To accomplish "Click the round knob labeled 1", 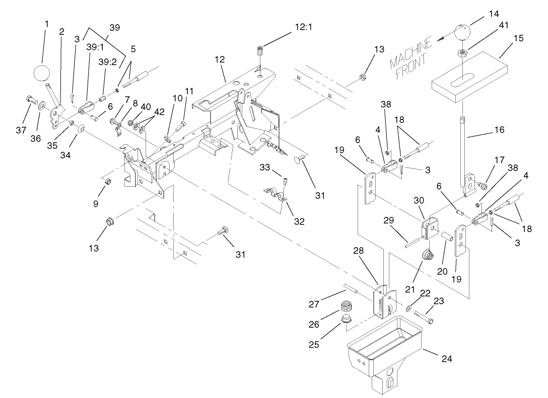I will coord(42,74).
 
